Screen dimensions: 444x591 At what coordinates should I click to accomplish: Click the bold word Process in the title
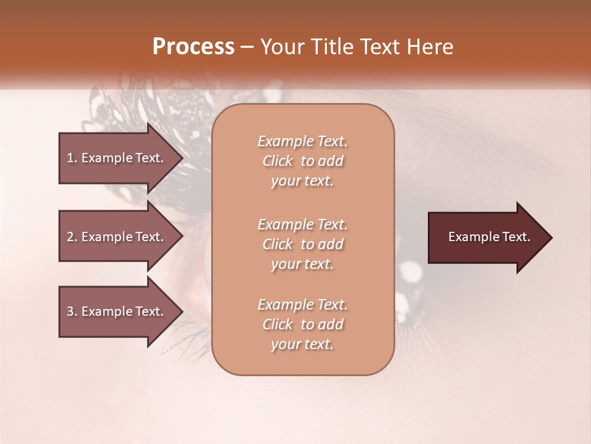(193, 47)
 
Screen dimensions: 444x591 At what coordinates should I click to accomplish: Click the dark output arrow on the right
(486, 237)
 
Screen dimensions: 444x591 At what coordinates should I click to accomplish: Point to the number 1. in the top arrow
(72, 158)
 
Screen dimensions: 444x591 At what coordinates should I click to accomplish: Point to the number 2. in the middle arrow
(72, 237)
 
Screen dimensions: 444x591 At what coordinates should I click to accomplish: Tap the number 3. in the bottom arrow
(72, 311)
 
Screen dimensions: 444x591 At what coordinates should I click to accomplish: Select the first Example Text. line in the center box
(302, 141)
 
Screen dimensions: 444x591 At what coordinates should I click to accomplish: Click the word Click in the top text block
(278, 161)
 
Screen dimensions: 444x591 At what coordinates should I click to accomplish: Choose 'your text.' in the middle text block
(302, 264)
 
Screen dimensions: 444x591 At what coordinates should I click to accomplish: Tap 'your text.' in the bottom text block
(302, 344)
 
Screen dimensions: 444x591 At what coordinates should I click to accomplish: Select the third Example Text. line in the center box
(302, 305)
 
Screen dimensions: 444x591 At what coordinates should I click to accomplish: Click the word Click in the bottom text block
(278, 324)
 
